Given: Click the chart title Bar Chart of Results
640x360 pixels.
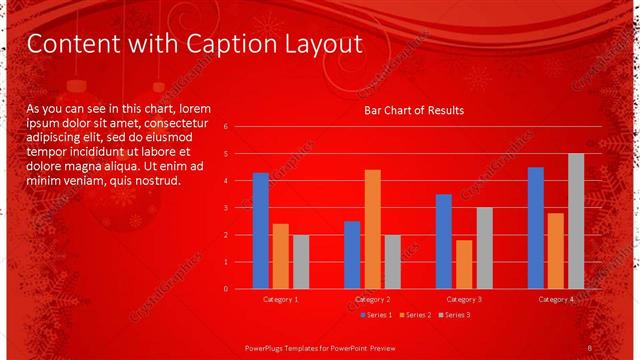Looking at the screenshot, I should pyautogui.click(x=413, y=110).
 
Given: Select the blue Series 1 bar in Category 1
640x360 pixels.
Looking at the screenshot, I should pyautogui.click(x=261, y=230).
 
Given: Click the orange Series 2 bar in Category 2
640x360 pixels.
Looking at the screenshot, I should pyautogui.click(x=372, y=229).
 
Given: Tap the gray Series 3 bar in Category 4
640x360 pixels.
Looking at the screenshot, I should pyautogui.click(x=576, y=221).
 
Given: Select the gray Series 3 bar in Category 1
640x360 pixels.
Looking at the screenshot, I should pyautogui.click(x=301, y=261).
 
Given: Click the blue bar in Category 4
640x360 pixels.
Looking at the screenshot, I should pyautogui.click(x=536, y=227).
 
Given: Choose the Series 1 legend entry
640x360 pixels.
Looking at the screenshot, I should pyautogui.click(x=375, y=315).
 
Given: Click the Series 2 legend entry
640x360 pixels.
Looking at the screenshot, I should pyautogui.click(x=415, y=315).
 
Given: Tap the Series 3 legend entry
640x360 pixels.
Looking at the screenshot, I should pyautogui.click(x=455, y=315).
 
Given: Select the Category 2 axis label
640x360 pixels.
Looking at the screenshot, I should pyautogui.click(x=372, y=299).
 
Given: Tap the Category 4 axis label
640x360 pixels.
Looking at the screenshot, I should pyautogui.click(x=556, y=299).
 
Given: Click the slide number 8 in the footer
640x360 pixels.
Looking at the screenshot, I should pyautogui.click(x=590, y=346).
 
